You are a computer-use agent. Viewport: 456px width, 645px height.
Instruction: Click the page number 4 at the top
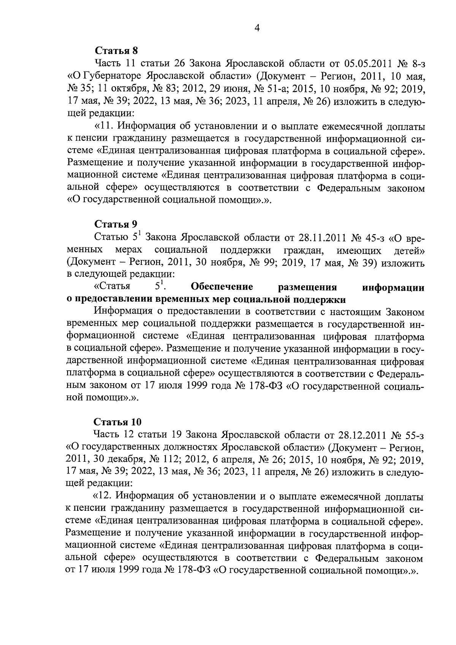click(257, 29)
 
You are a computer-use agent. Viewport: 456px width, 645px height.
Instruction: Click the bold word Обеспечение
click(222, 286)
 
